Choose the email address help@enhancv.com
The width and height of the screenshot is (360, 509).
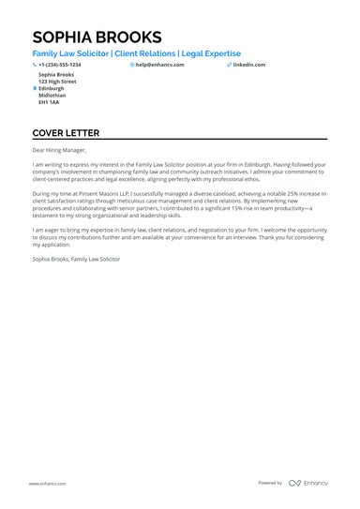pos(160,65)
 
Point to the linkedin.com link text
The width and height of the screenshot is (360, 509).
pos(249,65)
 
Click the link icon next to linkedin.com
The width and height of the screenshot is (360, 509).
pos(229,65)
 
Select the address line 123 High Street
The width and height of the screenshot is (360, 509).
pos(57,82)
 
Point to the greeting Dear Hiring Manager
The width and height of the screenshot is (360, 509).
pos(59,150)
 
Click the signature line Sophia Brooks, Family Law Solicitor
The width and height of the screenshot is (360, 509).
pos(76,258)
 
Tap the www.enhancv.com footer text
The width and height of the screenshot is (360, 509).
pos(46,483)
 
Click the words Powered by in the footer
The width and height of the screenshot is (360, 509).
pos(270,483)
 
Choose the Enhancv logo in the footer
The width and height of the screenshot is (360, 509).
pos(308,483)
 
